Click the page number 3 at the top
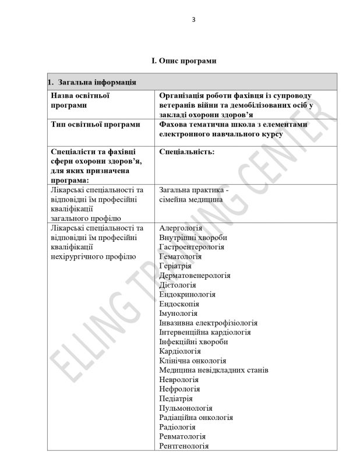pos(193,19)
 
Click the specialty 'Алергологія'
pos(181,228)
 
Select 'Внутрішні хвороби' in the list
pos(193,238)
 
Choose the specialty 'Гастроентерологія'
pos(192,247)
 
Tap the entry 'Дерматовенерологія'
pos(195,276)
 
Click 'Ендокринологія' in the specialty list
pos(187,294)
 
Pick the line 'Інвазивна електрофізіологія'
pos(208,323)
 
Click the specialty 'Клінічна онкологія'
pos(193,361)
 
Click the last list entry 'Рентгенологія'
pos(184,446)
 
